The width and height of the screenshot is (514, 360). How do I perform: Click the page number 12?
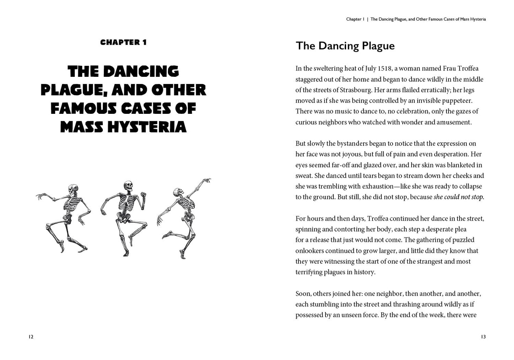click(31, 337)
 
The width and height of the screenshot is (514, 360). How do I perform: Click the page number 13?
click(483, 337)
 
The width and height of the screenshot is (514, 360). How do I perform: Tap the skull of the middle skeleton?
click(128, 186)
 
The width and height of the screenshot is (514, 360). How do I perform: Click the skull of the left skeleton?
click(73, 190)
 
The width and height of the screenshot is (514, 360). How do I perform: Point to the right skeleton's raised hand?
click(206, 181)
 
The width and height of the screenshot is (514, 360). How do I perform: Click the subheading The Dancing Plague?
click(345, 46)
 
